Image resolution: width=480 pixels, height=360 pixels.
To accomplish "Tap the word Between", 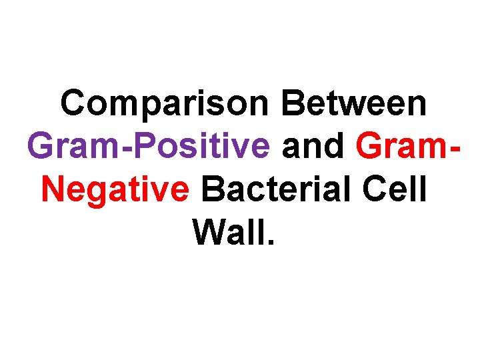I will pyautogui.click(x=354, y=104).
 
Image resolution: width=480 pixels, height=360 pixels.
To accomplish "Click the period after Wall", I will pyautogui.click(x=270, y=241).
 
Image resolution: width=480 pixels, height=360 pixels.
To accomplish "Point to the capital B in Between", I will pyautogui.click(x=295, y=104).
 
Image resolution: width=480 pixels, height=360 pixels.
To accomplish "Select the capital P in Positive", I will pyautogui.click(x=130, y=147).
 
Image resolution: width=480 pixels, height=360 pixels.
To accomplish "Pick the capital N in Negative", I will pyautogui.click(x=55, y=189).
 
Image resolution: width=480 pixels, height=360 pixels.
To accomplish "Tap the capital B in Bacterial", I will pyautogui.click(x=213, y=189).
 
